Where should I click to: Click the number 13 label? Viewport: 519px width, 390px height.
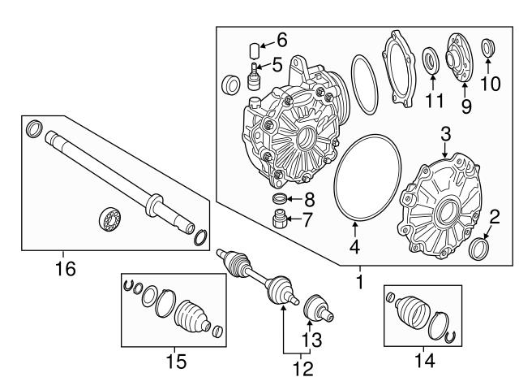[x=311, y=339]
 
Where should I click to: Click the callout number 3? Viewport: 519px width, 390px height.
[x=445, y=133]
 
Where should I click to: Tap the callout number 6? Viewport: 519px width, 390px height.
[x=282, y=39]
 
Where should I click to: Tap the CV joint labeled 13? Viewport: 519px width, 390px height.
[x=315, y=309]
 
